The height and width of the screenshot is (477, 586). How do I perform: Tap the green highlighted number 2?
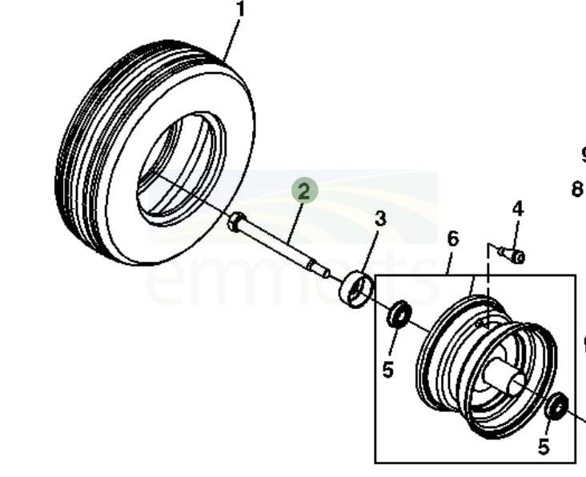point(304,192)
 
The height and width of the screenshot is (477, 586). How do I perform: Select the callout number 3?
point(380,218)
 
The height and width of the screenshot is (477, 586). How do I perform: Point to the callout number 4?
point(518,209)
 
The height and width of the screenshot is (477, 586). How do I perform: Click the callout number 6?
point(453,238)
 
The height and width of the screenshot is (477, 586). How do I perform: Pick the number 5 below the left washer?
point(388,370)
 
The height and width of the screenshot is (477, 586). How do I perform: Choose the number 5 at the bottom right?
point(544,447)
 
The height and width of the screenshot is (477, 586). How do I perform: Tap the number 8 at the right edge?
point(577,190)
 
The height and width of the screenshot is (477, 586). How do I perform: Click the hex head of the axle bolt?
point(235,222)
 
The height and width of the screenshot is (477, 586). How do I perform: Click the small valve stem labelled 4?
point(512,255)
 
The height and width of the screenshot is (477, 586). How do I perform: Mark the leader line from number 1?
point(233,40)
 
